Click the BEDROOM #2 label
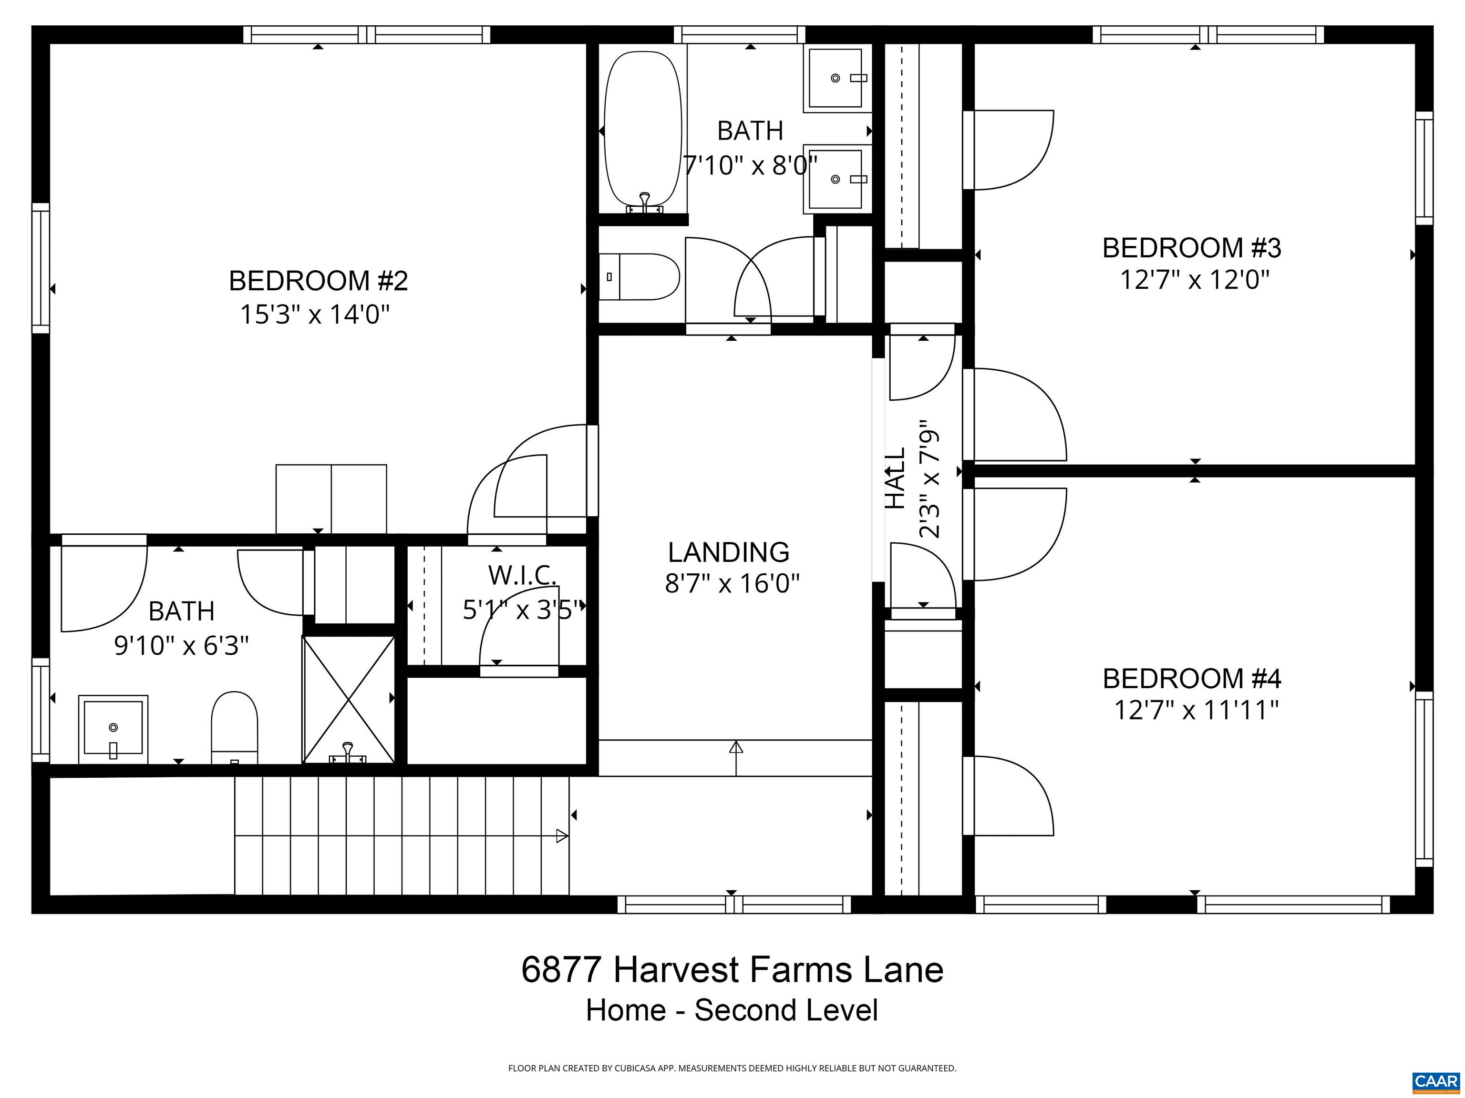(x=318, y=281)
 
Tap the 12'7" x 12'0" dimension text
(x=1194, y=280)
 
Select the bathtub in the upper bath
(x=642, y=129)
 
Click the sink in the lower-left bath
(x=113, y=729)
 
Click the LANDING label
(x=729, y=552)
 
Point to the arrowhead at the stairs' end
(x=562, y=836)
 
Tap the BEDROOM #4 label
(x=1191, y=679)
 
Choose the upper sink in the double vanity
(x=836, y=78)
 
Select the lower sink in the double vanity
(x=836, y=179)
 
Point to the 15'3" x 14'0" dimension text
(x=315, y=315)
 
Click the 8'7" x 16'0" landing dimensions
(x=732, y=584)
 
